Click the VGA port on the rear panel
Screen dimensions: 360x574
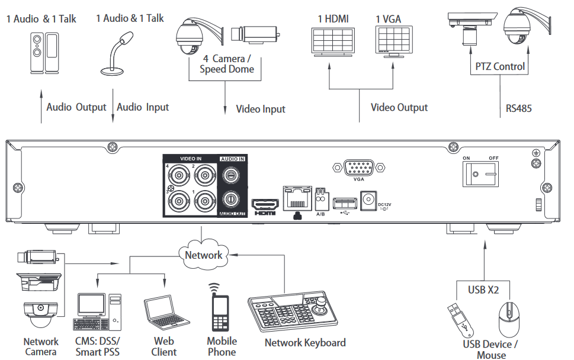coord(358,168)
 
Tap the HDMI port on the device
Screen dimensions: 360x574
coord(265,203)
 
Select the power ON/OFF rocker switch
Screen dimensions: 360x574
coord(480,175)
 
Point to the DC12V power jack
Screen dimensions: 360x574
coord(369,199)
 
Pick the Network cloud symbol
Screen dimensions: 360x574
coord(203,255)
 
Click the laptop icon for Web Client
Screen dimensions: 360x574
coord(163,314)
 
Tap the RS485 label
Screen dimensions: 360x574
coord(519,108)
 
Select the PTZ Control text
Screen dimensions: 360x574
coord(500,66)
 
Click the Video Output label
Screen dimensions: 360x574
coord(399,107)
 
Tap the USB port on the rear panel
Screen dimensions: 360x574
coord(342,203)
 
